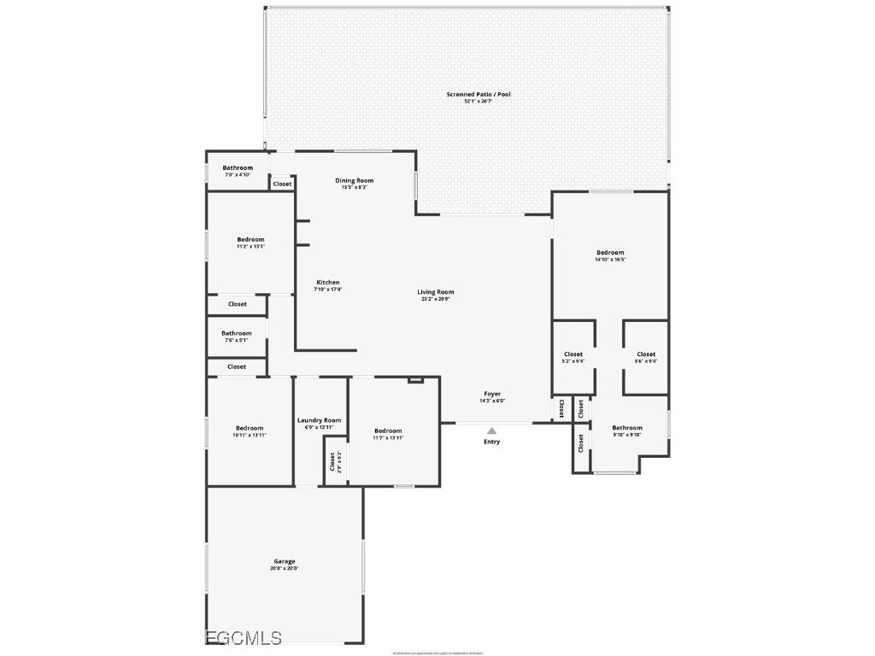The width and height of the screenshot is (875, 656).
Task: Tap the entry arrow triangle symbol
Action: coord(491,430)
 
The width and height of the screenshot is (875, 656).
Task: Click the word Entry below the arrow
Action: coord(491,442)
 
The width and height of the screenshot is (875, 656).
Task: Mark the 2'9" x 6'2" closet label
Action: coord(332,461)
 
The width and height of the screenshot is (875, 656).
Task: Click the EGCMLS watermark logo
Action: coord(244,637)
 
